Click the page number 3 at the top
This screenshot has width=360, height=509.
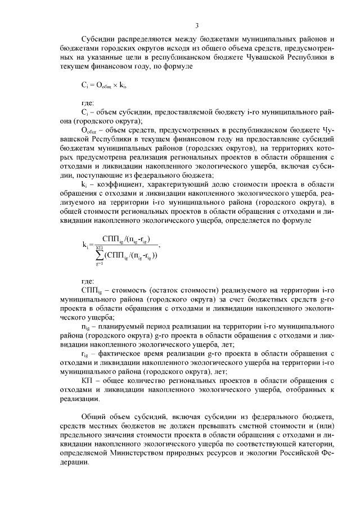point(197,25)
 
